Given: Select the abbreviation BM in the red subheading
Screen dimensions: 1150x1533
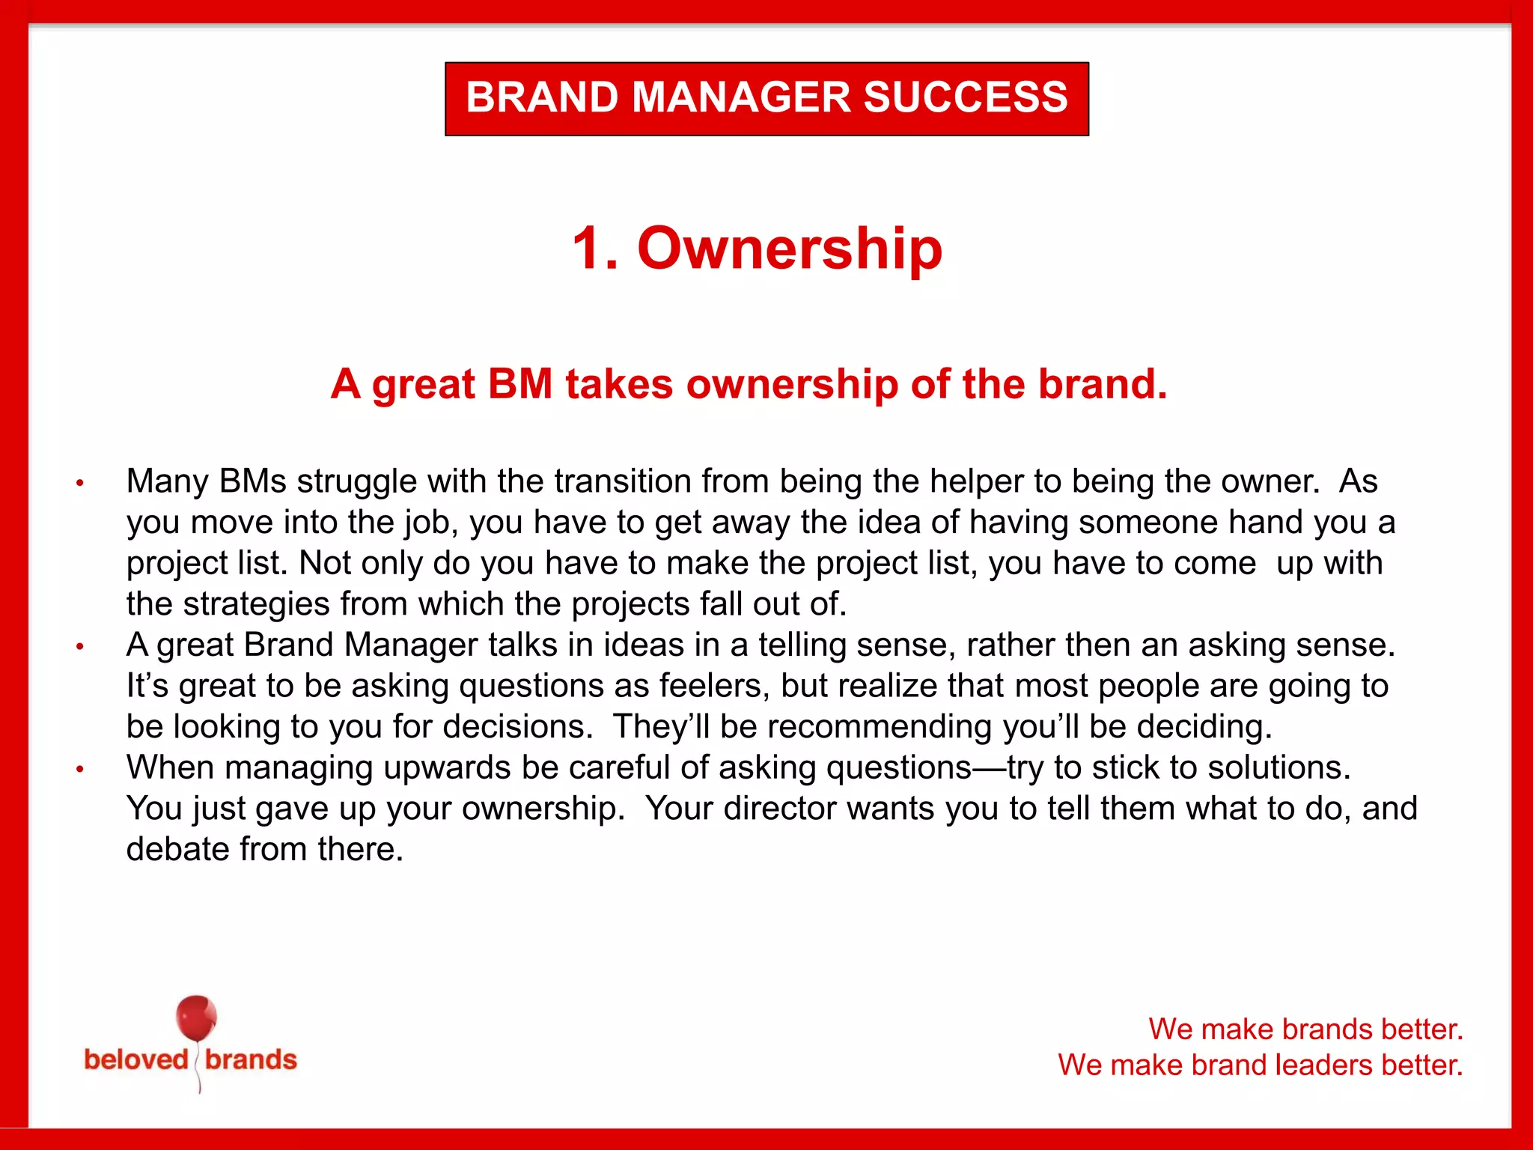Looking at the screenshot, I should point(519,384).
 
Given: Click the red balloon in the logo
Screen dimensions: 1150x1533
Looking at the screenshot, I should point(196,1017).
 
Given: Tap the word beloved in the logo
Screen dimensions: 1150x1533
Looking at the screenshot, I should point(136,1059).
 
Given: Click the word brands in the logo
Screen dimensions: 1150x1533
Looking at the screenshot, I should point(251,1059).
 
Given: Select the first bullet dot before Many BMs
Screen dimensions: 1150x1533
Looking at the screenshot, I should point(80,484).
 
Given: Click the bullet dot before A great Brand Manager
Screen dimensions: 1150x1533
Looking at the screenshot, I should point(80,647).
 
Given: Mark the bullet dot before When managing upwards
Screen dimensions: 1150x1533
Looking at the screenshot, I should point(80,770).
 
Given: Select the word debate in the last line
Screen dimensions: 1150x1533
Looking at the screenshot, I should point(177,850).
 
